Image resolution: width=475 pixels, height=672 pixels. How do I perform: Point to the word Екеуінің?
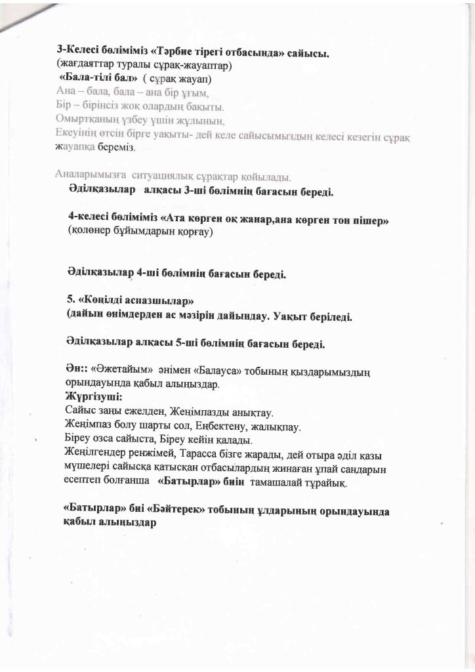click(x=77, y=134)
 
